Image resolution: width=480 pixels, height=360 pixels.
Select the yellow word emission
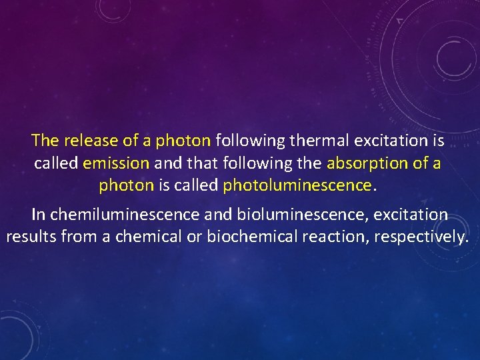coord(117,163)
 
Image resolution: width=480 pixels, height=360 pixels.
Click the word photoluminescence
coord(297,185)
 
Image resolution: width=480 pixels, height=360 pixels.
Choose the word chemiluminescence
coord(125,215)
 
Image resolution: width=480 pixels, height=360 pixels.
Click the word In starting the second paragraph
coord(39,215)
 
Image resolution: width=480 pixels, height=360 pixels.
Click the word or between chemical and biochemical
coord(194,237)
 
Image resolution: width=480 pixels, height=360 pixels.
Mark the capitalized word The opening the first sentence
coord(45,141)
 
